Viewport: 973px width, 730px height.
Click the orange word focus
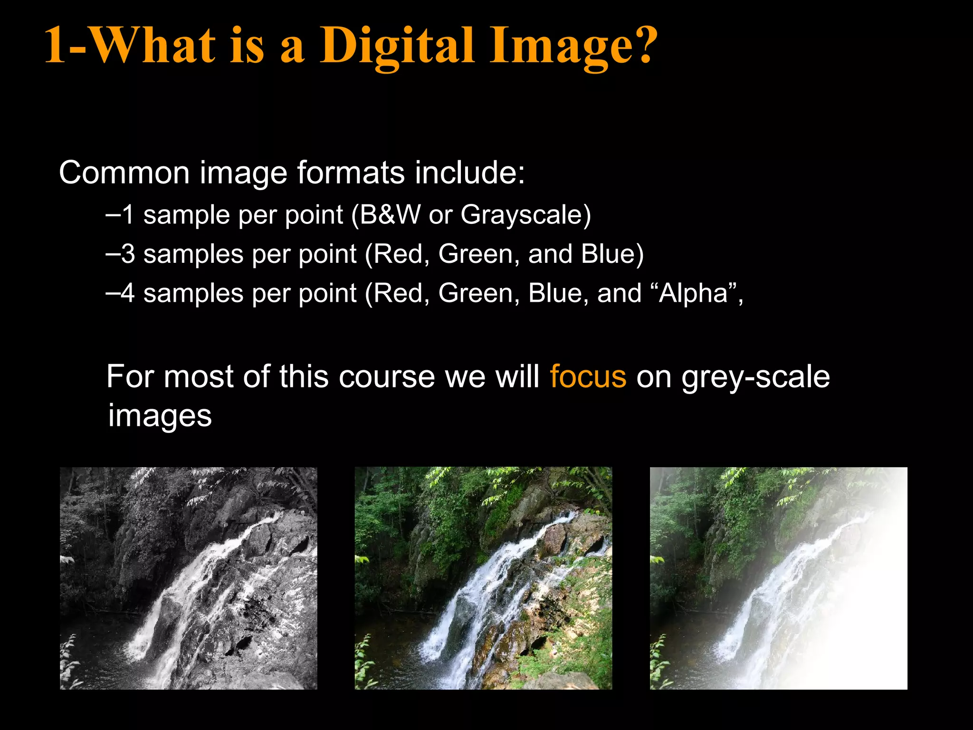pos(588,377)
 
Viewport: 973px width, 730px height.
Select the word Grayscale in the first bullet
pos(522,215)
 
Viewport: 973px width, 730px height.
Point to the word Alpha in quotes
pos(694,293)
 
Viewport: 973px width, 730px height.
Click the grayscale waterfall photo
pos(188,578)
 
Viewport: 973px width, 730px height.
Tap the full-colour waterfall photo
pos(483,578)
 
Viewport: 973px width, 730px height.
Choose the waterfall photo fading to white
pos(778,578)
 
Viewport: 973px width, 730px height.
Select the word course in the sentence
pos(387,377)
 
